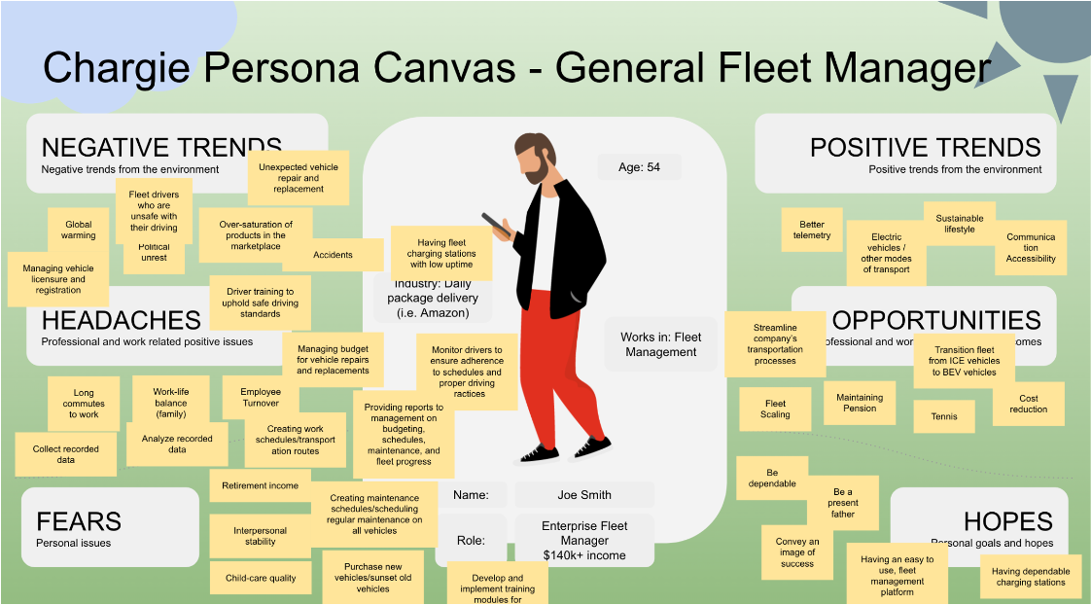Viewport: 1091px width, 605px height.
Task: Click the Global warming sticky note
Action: pos(79,231)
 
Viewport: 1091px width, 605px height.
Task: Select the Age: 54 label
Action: pos(639,167)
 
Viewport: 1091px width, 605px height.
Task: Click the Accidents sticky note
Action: pos(333,255)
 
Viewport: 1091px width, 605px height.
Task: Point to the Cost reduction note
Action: pos(1028,404)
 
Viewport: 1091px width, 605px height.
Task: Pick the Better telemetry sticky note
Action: pos(812,230)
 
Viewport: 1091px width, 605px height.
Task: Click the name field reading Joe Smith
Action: pos(584,494)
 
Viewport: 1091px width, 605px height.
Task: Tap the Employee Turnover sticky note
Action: pos(260,397)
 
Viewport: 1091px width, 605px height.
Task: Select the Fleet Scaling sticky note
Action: pos(775,409)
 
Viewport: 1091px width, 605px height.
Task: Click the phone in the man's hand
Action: pos(499,226)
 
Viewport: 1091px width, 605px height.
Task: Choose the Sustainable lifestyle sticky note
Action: pos(959,224)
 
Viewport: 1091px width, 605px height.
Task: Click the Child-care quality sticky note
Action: pos(261,578)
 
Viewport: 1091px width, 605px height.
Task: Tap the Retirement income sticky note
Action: pos(260,485)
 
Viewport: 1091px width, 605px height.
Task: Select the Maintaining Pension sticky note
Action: pos(860,403)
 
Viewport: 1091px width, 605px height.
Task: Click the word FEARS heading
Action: pos(79,521)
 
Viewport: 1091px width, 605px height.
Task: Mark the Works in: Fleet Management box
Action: pos(660,344)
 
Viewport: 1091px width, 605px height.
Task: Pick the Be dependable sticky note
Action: pos(772,478)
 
